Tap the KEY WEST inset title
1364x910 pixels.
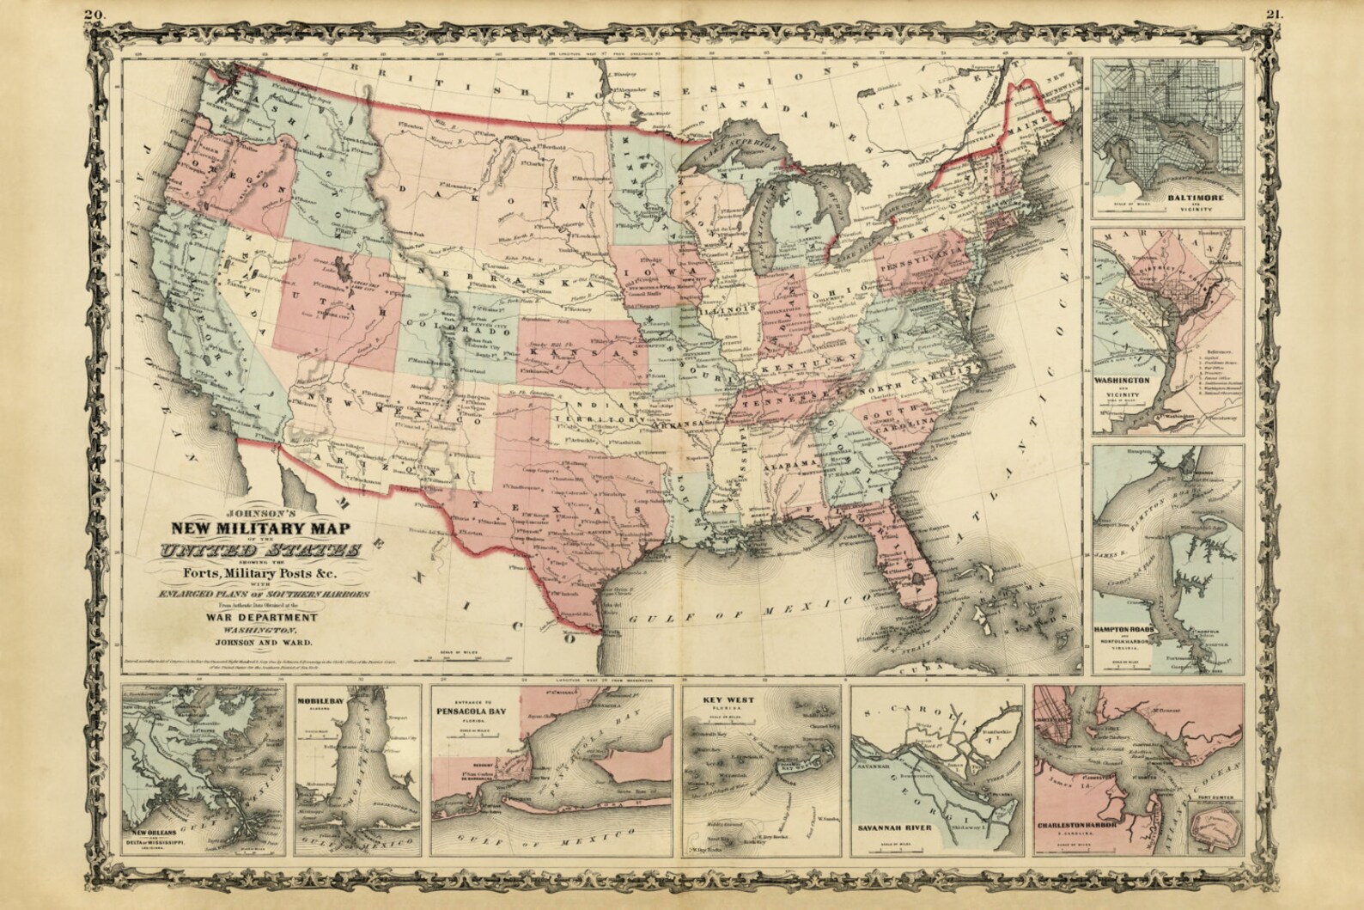tap(728, 700)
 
